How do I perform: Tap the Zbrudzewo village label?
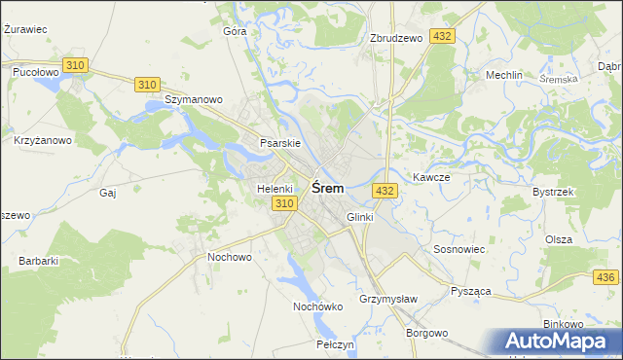396,38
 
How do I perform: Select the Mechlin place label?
505,75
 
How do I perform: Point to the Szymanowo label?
195,99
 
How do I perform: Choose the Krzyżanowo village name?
43,140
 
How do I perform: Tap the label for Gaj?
108,193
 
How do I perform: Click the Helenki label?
275,188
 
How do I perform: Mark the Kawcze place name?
430,177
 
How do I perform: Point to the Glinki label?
359,217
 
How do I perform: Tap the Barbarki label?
39,261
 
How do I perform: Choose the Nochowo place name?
230,257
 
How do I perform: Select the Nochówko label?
318,306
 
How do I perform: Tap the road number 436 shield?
605,277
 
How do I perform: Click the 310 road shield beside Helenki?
283,203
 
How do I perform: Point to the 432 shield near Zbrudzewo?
443,36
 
